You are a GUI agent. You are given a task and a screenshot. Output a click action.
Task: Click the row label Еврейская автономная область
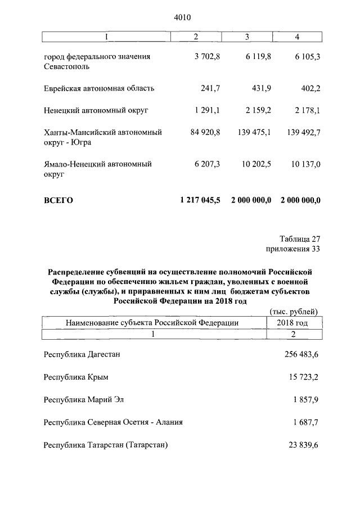coord(99,88)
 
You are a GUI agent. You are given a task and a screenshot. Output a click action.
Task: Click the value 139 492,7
coord(300,132)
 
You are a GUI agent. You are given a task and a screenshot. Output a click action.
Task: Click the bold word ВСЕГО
coord(58,200)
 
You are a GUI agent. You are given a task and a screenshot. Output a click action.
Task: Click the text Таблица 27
coord(300,238)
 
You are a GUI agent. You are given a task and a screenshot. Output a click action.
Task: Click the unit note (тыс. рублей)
coord(294,312)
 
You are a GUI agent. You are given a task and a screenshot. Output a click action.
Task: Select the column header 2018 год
coord(292,323)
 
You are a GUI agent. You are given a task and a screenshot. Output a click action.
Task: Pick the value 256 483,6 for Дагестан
coord(299,354)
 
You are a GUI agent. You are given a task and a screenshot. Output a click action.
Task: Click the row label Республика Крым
coord(76,376)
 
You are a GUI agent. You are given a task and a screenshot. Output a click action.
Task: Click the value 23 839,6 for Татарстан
coord(301,444)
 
